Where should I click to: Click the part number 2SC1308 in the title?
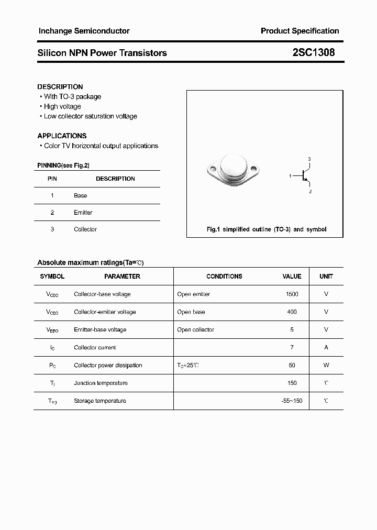click(313, 52)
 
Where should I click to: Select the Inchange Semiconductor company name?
click(84, 31)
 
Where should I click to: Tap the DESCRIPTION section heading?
click(60, 86)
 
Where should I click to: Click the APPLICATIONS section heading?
click(62, 136)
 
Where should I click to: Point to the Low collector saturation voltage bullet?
click(90, 116)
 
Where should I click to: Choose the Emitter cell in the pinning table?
click(83, 213)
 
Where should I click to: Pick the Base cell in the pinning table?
click(80, 195)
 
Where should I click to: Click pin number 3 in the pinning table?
click(52, 229)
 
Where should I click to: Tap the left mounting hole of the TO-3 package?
click(213, 169)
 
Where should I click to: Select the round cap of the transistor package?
click(234, 167)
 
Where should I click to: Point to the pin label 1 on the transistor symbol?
click(290, 176)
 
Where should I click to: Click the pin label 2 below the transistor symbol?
click(310, 192)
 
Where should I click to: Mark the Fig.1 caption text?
click(266, 229)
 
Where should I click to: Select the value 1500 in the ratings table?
click(292, 294)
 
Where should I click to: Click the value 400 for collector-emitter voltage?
click(292, 312)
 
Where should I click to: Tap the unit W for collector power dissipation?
click(326, 366)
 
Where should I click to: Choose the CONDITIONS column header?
click(224, 276)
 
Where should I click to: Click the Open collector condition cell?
click(195, 330)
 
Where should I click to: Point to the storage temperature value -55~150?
click(292, 401)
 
